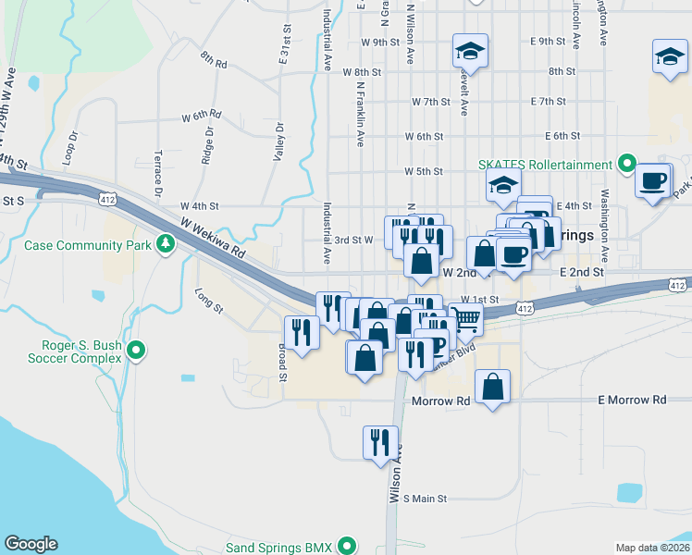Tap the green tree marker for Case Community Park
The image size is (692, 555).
pyautogui.click(x=166, y=244)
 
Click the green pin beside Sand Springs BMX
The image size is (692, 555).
pyautogui.click(x=348, y=546)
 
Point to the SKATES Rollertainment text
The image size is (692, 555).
pyautogui.click(x=546, y=165)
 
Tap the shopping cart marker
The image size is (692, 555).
pyautogui.click(x=467, y=320)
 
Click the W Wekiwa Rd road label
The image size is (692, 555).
pyautogui.click(x=214, y=238)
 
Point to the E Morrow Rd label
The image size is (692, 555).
pyautogui.click(x=632, y=401)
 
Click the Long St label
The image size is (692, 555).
pyautogui.click(x=209, y=301)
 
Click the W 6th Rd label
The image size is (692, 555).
pyautogui.click(x=202, y=117)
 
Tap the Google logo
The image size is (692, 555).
pyautogui.click(x=31, y=544)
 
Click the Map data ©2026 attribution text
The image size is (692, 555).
pyautogui.click(x=652, y=548)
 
